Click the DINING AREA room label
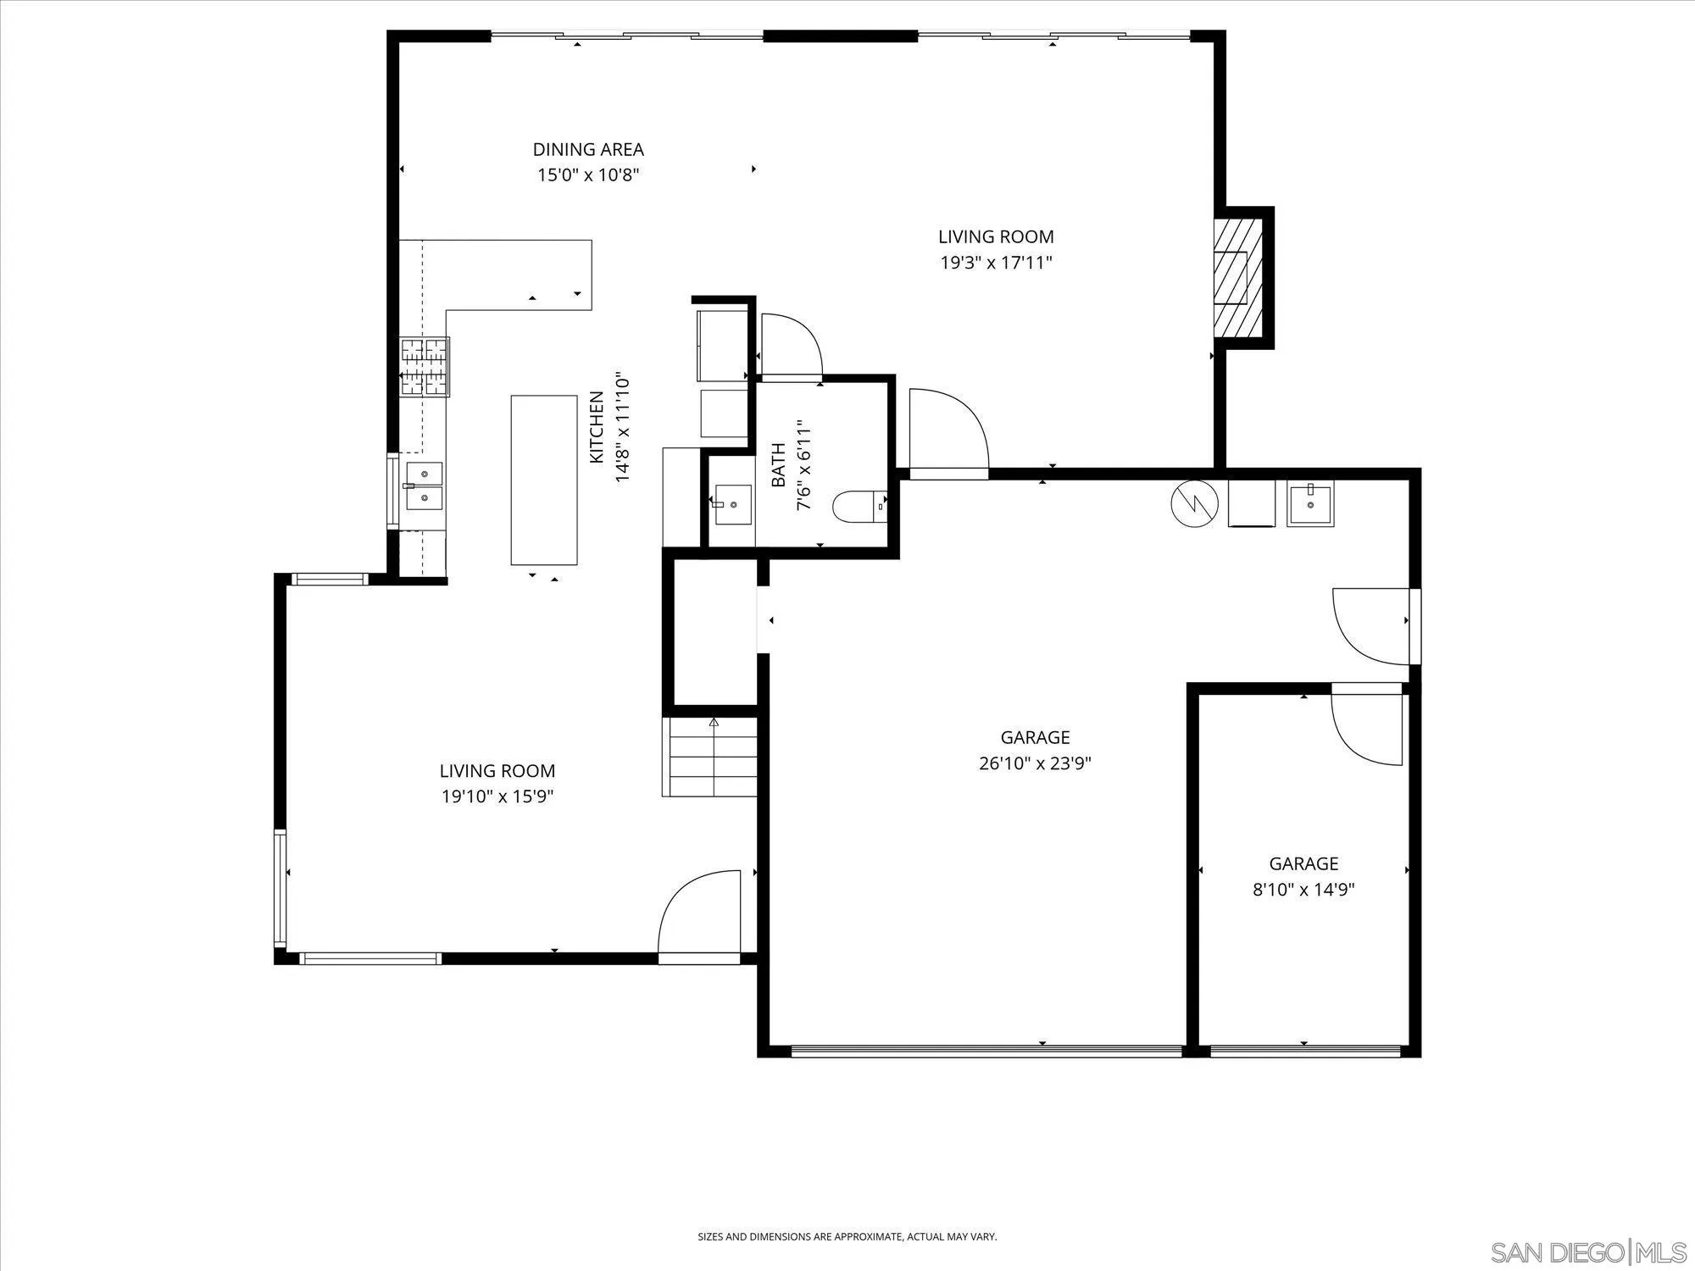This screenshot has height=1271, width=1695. point(587,149)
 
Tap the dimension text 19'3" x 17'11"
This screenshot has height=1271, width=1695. point(996,263)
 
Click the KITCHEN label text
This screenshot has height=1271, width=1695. point(597,427)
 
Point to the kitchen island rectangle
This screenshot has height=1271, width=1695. point(543,480)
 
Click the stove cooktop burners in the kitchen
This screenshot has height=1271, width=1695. point(424,366)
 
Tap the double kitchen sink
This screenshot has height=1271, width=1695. point(423,486)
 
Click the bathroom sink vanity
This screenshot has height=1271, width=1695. point(731,503)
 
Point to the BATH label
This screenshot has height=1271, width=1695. point(778,465)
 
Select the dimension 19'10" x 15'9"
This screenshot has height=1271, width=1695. point(497,796)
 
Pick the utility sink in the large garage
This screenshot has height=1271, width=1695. point(1309,502)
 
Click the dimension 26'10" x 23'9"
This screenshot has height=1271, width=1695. point(1035,763)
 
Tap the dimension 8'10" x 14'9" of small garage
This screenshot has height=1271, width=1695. point(1303,890)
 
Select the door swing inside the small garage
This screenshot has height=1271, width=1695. point(1366,727)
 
